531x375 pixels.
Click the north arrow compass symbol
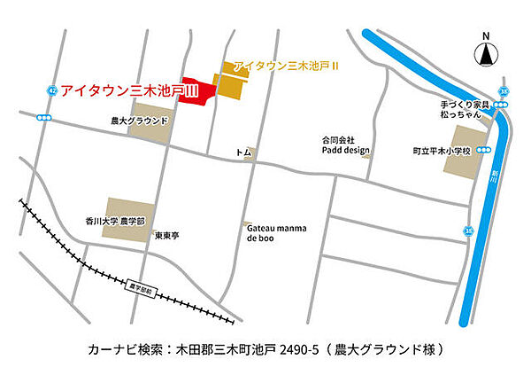485,54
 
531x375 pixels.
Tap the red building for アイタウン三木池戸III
196,92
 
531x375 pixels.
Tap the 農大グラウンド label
139,120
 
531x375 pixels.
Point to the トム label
243,153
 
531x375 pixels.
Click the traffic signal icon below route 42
44,117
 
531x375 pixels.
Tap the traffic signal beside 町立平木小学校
485,151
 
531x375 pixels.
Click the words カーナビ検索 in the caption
123,349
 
